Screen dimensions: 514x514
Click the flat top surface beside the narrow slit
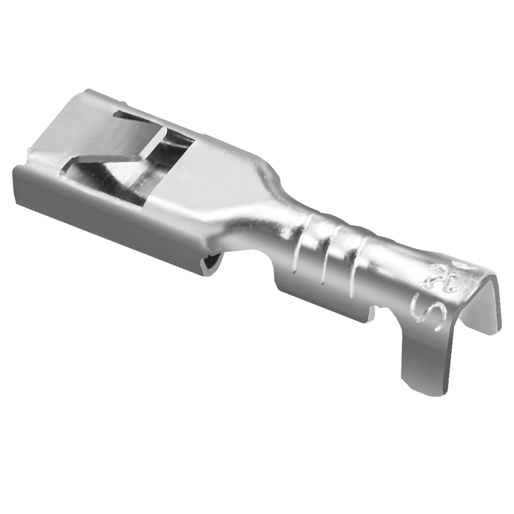80,128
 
